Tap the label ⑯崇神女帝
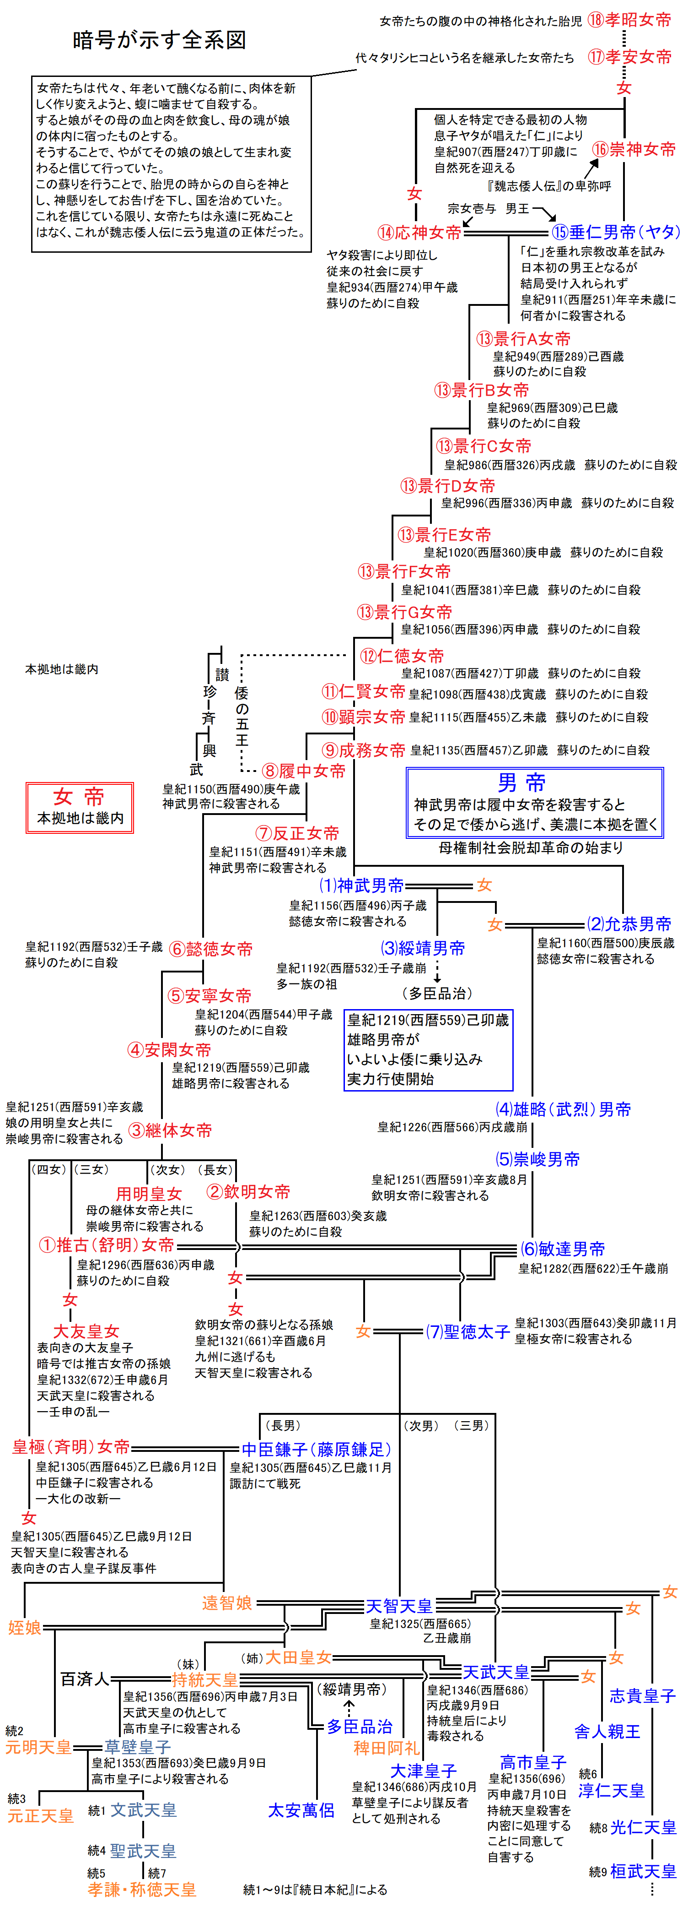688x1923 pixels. (x=634, y=149)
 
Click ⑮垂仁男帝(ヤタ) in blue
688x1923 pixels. (x=616, y=232)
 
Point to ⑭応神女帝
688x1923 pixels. (x=419, y=232)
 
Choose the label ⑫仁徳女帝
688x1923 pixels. (x=402, y=656)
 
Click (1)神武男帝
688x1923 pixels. (x=361, y=886)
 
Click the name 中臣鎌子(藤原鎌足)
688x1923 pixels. (x=317, y=1450)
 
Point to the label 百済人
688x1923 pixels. (x=84, y=1679)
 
